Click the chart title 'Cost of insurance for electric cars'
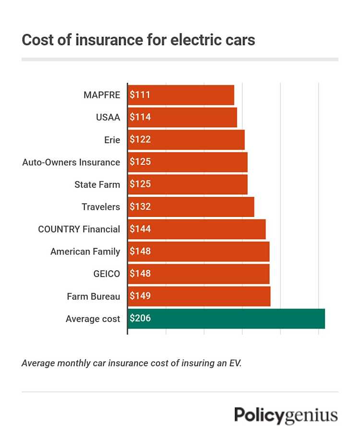(x=138, y=40)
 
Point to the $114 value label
(x=140, y=118)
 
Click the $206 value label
(x=140, y=319)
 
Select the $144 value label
(x=140, y=229)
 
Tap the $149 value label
(x=140, y=296)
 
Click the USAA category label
(x=108, y=118)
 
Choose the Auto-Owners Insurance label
(x=71, y=162)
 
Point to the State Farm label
(x=97, y=184)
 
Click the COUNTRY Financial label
(x=79, y=229)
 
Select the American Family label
(x=85, y=251)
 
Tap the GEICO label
(x=107, y=274)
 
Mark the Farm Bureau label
(x=93, y=296)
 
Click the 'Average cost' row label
(x=93, y=319)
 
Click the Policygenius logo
(x=286, y=415)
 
